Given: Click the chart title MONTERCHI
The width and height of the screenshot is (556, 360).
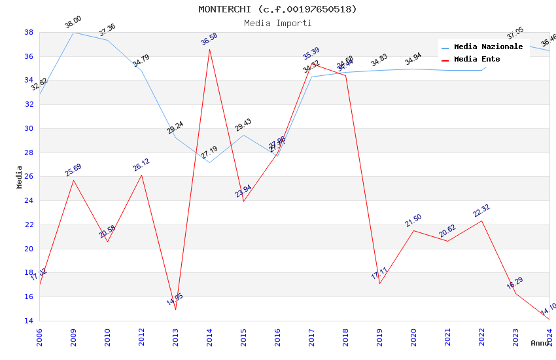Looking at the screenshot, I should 278,9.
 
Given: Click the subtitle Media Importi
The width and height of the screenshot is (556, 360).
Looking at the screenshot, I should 278,23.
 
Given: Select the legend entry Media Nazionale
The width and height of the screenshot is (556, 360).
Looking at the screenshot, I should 488,47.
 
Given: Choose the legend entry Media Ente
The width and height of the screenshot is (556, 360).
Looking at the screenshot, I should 477,60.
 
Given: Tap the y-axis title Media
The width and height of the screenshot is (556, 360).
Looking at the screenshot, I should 20,177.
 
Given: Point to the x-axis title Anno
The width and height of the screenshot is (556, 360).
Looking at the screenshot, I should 540,343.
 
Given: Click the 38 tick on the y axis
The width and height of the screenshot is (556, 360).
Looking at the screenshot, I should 29,32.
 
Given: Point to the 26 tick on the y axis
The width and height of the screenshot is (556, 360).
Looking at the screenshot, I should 29,177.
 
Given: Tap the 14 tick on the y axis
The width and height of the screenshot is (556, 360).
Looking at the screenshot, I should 29,321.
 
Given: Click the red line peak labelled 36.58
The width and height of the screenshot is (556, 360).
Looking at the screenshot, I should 209,49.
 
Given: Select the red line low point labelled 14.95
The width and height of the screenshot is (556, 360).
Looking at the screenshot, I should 175,310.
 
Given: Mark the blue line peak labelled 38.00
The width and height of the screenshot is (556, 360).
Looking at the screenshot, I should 73,32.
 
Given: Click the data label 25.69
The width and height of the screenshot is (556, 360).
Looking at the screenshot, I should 73,170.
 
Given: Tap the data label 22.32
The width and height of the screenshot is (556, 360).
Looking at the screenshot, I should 481,211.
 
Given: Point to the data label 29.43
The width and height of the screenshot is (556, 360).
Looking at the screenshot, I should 243,125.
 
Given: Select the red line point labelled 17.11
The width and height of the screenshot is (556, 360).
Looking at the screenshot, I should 379,283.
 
